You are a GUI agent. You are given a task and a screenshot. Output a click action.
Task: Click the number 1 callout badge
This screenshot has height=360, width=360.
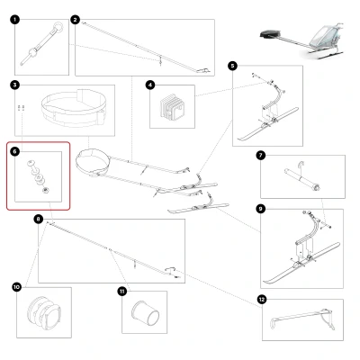[x=14, y=20]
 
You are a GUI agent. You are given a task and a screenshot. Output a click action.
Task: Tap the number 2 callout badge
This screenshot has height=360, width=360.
[x=75, y=20]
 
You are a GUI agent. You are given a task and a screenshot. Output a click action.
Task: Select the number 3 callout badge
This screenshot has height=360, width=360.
[x=15, y=85]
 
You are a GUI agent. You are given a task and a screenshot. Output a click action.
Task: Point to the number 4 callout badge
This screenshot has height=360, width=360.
[x=150, y=85]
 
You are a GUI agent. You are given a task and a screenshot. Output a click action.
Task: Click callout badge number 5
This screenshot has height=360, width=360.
[x=232, y=66]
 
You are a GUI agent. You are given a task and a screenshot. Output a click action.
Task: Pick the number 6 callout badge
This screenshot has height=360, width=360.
[x=15, y=151]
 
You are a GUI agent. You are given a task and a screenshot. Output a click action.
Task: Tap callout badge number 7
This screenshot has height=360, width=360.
[x=261, y=156]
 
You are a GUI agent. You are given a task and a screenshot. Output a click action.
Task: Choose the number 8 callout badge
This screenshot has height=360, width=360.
[x=38, y=220]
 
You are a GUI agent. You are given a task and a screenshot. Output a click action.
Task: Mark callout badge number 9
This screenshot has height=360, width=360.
[x=261, y=209]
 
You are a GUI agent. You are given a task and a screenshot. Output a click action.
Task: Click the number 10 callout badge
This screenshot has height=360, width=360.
[x=17, y=287]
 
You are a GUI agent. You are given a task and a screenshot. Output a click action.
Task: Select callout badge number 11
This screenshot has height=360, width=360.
[x=122, y=291]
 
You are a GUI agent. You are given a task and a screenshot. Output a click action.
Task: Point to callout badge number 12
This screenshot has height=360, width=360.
[x=262, y=299]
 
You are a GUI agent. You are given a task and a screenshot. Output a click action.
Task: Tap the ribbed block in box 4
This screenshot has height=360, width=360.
[x=172, y=108]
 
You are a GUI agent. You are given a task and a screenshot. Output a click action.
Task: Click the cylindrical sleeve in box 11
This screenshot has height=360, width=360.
[x=146, y=312]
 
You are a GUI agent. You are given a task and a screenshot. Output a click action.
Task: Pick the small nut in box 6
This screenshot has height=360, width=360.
[x=46, y=190]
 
